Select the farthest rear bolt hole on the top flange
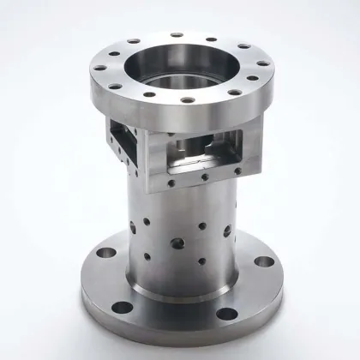tap(177, 35)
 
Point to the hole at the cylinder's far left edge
tap(132, 227)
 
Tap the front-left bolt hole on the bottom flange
tap(123, 306)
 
